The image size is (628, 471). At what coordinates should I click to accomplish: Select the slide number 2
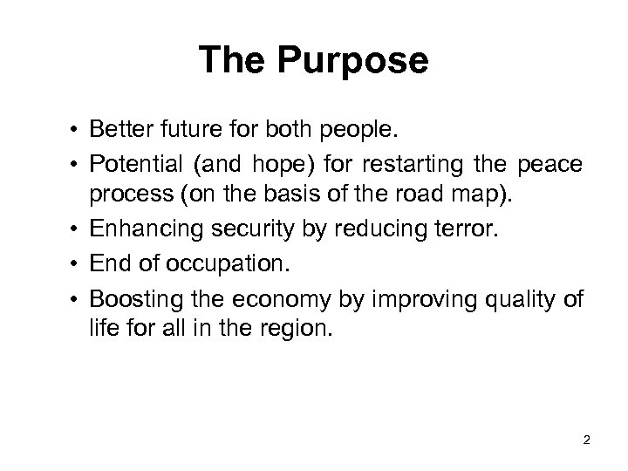pos(586,440)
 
